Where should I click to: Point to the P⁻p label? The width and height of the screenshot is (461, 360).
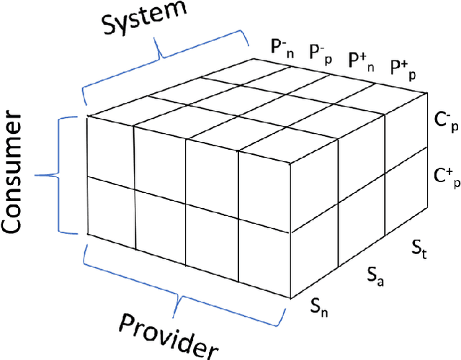pyautogui.click(x=320, y=53)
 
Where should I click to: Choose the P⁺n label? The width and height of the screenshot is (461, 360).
pyautogui.click(x=361, y=58)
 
